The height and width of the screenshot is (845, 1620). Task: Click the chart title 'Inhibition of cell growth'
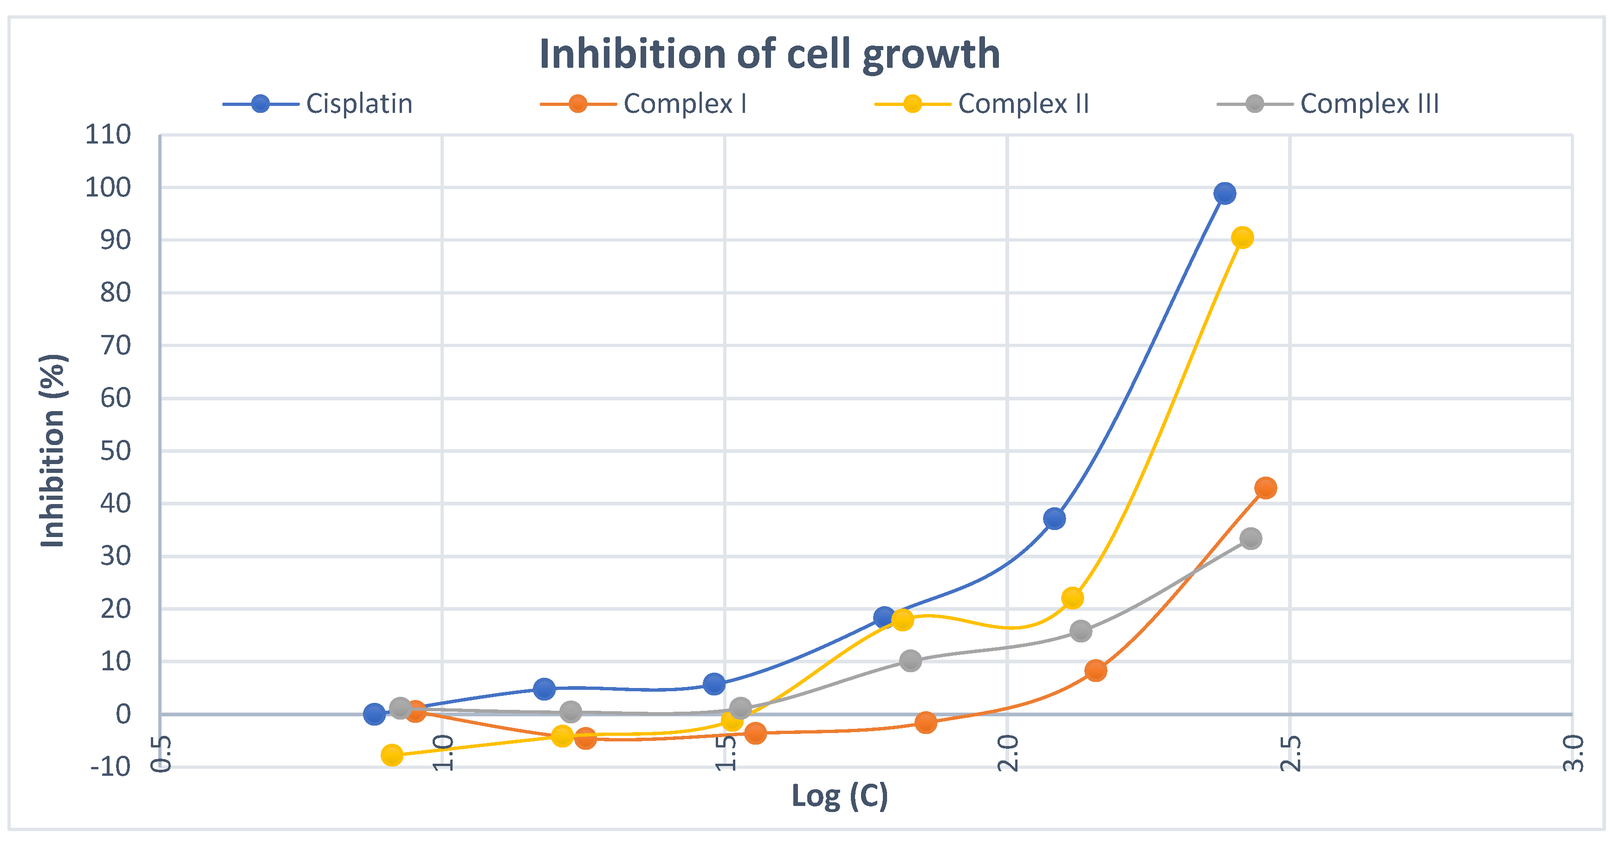[x=769, y=54]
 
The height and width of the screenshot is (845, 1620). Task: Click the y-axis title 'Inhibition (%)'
[x=53, y=451]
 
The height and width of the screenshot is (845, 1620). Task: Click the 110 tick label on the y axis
[x=108, y=135]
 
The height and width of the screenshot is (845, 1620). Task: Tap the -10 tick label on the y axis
[x=110, y=767]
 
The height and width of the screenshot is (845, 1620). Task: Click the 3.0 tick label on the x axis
[x=1573, y=753]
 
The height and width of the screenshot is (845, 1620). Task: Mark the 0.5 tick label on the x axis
[x=161, y=753]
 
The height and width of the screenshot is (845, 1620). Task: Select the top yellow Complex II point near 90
[x=1242, y=238]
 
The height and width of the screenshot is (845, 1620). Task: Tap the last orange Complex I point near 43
[x=1265, y=488]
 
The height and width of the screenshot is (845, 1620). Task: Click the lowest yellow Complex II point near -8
[x=392, y=755]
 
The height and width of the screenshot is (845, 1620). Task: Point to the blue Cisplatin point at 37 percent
[x=1055, y=519]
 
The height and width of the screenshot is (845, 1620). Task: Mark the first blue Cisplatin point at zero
[x=374, y=714]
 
